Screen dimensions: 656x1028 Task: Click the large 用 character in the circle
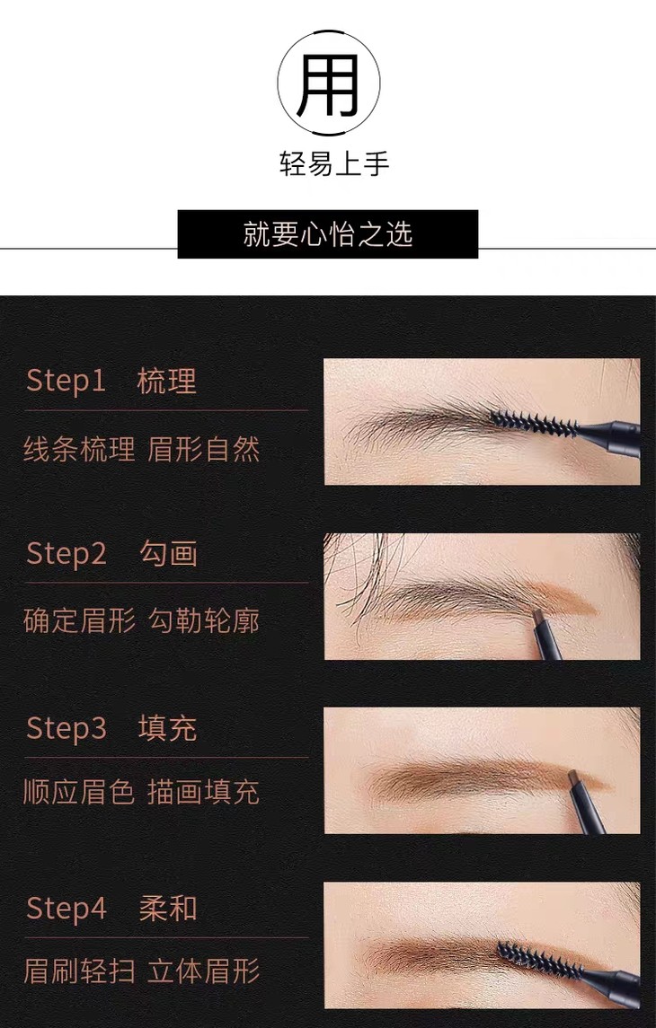328,83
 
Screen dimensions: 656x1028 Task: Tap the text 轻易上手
334,164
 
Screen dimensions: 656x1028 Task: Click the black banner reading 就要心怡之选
328,234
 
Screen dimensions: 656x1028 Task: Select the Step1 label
66,382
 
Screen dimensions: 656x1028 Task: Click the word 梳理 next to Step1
166,382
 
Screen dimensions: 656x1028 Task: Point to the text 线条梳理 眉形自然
142,450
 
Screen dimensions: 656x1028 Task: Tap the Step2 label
66,555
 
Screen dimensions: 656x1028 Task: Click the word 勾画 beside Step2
168,554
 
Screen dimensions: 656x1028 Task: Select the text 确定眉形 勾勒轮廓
142,621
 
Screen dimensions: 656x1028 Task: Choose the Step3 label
66,729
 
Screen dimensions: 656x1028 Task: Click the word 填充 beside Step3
167,728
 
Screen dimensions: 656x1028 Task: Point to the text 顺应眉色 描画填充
142,792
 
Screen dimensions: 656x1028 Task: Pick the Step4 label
66,909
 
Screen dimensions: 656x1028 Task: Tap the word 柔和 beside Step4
168,909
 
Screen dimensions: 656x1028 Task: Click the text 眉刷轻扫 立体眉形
142,971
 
